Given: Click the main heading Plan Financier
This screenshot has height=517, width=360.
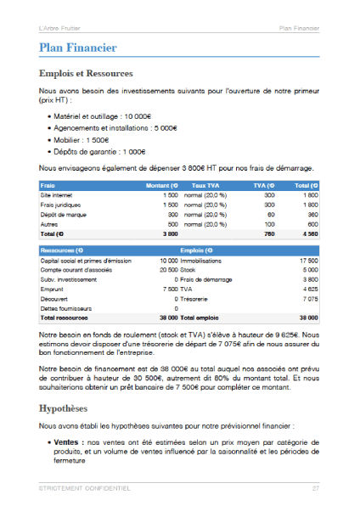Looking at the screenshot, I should pos(78,48).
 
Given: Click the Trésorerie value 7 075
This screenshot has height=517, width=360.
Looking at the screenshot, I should pos(309,299).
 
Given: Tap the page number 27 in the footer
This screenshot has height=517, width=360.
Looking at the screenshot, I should pos(315,488).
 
